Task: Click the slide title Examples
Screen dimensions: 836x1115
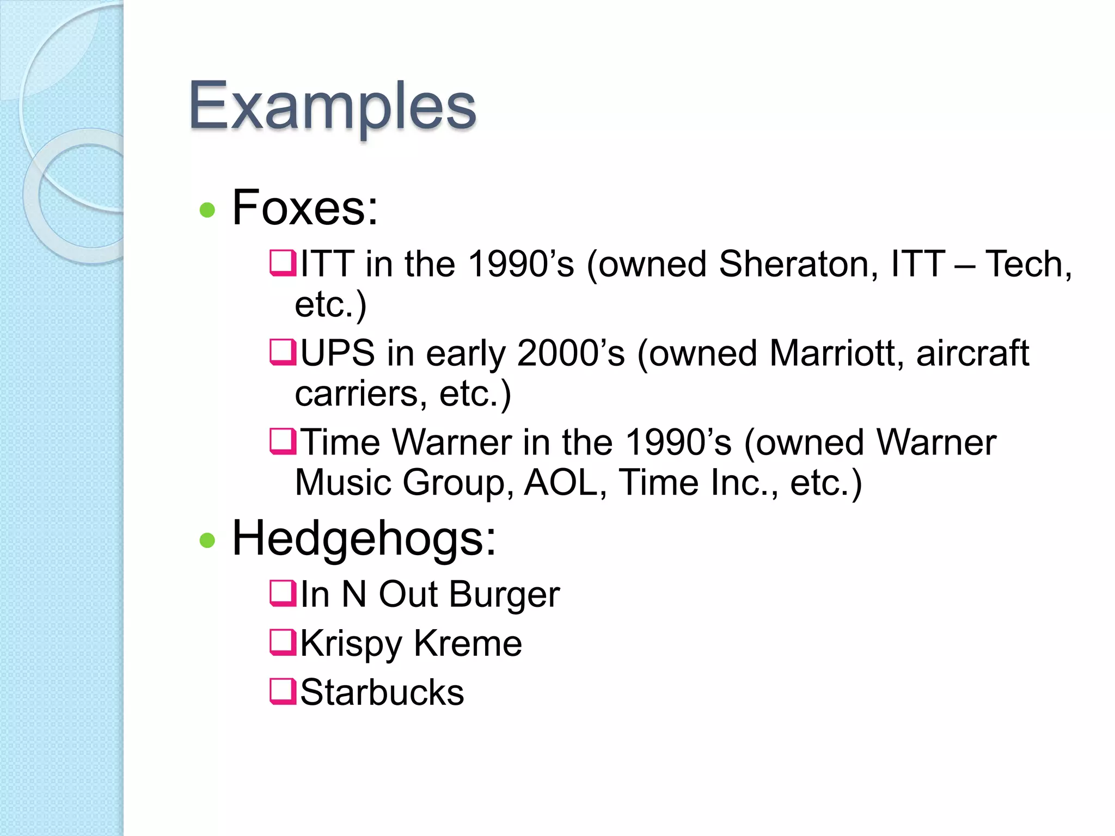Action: pyautogui.click(x=332, y=106)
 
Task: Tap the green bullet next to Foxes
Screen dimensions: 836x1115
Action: pyautogui.click(x=207, y=210)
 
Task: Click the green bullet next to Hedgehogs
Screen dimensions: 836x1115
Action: pyautogui.click(x=207, y=540)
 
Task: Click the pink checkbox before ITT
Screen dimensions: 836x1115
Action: pyautogui.click(x=283, y=262)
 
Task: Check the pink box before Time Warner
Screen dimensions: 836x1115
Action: pyautogui.click(x=283, y=441)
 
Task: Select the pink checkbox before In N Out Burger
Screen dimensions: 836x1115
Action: pyautogui.click(x=283, y=593)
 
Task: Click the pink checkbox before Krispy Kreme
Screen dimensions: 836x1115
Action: pyautogui.click(x=283, y=642)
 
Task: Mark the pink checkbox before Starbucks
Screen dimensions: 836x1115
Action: pyautogui.click(x=283, y=691)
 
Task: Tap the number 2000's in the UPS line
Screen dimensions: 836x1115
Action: pyautogui.click(x=571, y=353)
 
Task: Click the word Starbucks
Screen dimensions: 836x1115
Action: pyautogui.click(x=382, y=692)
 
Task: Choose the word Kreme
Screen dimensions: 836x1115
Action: pyautogui.click(x=468, y=643)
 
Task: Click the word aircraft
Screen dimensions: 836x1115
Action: pyautogui.click(x=972, y=353)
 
